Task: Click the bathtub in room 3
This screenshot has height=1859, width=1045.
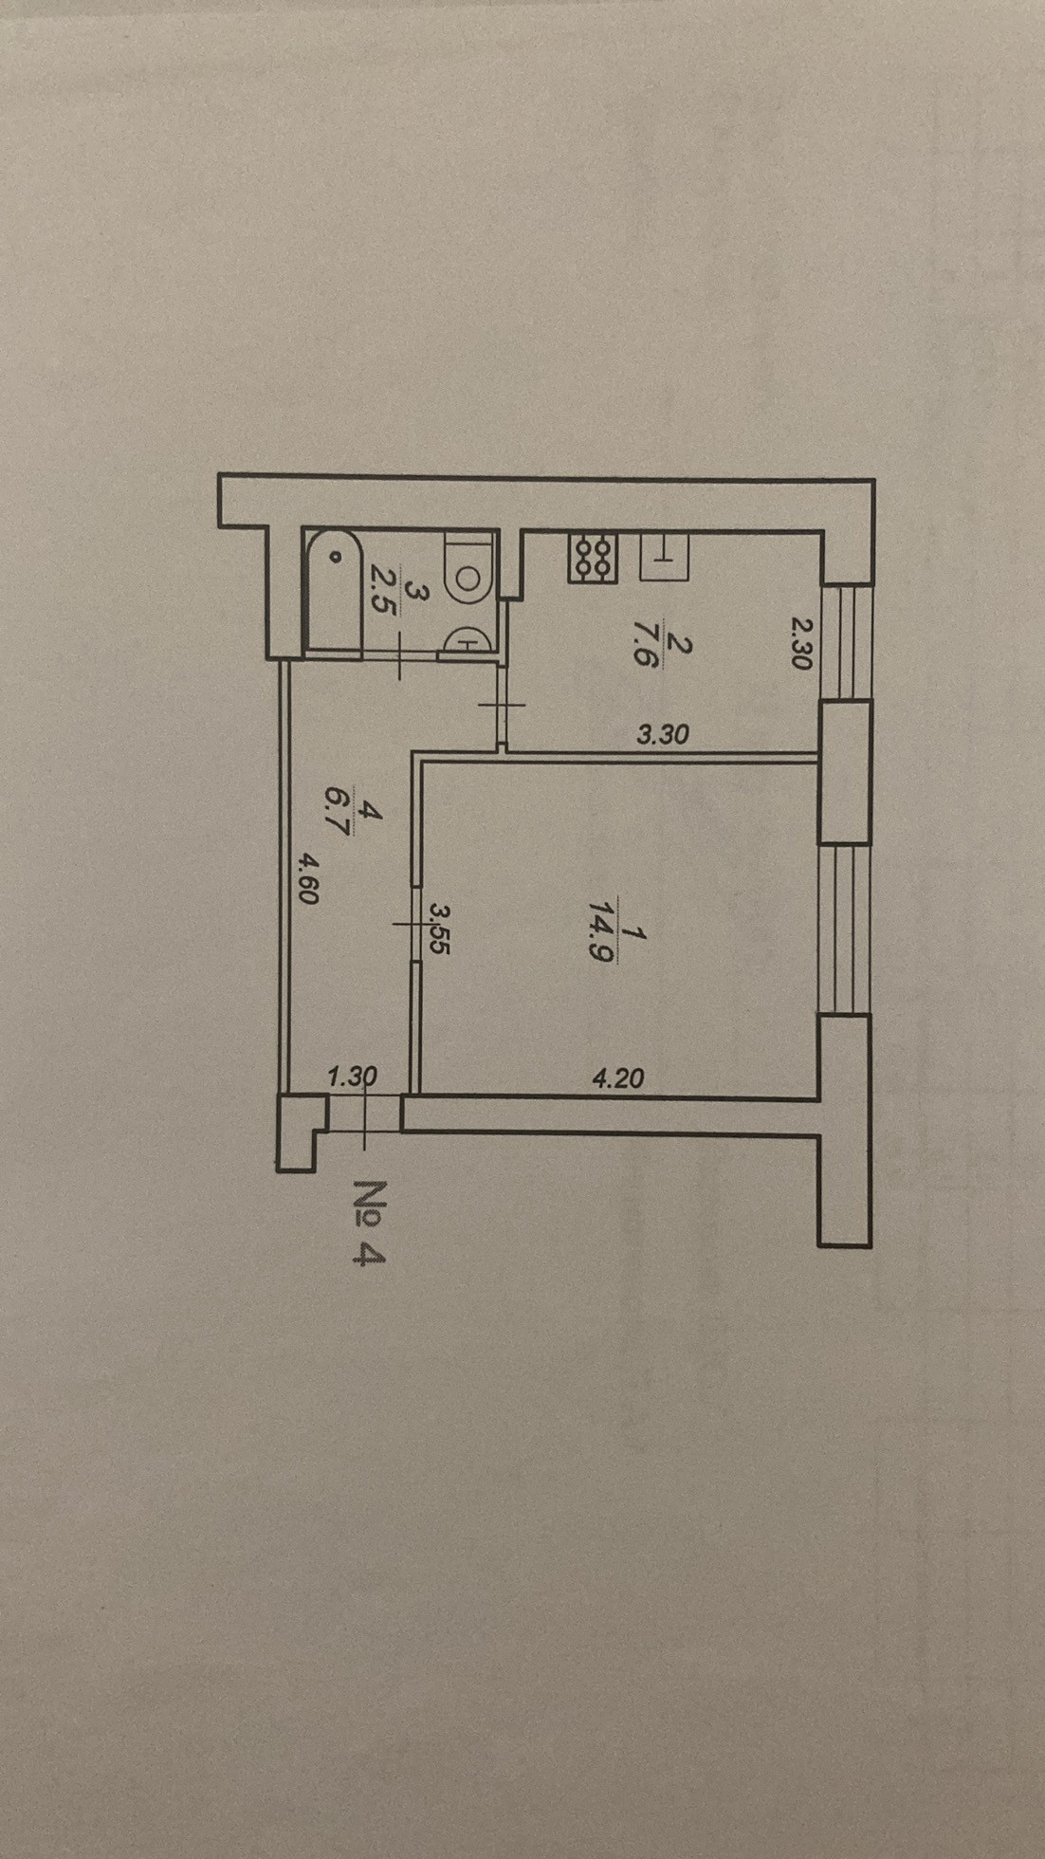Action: (x=332, y=592)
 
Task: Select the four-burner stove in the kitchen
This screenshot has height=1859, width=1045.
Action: (x=593, y=557)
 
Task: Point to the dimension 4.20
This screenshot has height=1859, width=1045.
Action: (x=617, y=1078)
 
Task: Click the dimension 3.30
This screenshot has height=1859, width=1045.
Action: (x=662, y=734)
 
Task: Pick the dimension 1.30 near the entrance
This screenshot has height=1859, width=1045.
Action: (x=352, y=1077)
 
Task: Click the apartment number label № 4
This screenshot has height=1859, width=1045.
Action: (x=370, y=1223)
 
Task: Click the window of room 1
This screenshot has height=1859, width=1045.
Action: (x=845, y=929)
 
